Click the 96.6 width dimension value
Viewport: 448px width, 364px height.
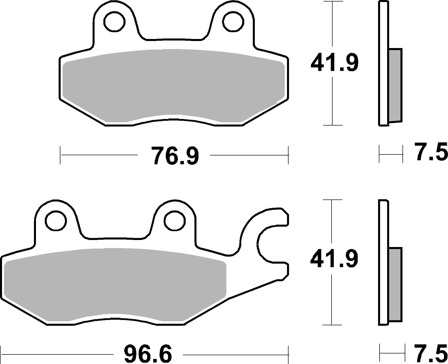tap(148, 354)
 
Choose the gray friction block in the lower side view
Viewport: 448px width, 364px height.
tap(395, 284)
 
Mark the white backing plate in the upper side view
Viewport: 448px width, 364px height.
tap(383, 63)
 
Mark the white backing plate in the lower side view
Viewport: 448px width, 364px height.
tap(383, 262)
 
